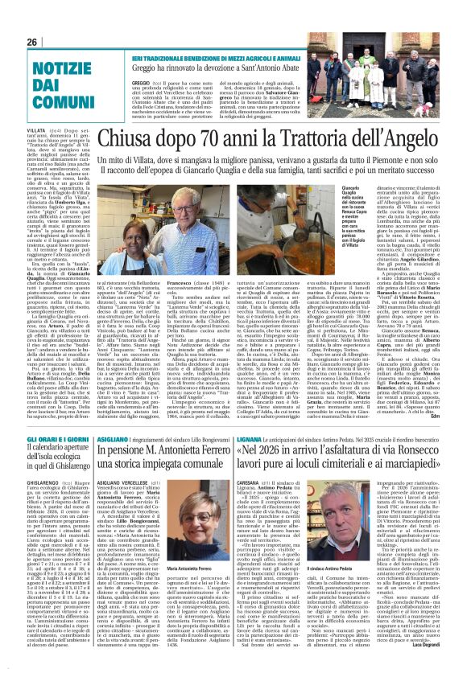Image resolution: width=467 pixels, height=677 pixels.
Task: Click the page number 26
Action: pos(33,41)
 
